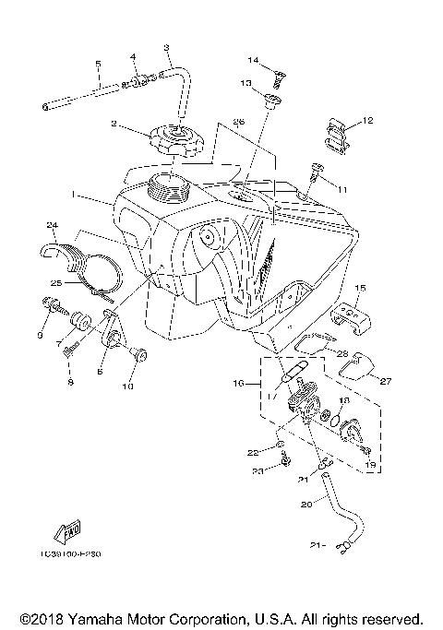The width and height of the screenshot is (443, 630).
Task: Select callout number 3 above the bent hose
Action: click(x=166, y=48)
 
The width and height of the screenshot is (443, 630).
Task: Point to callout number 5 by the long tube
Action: click(x=98, y=64)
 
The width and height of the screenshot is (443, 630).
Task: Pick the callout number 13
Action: click(x=246, y=83)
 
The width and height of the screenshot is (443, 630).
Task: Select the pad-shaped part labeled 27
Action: click(x=356, y=366)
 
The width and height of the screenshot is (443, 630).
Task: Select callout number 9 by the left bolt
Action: click(x=41, y=336)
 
